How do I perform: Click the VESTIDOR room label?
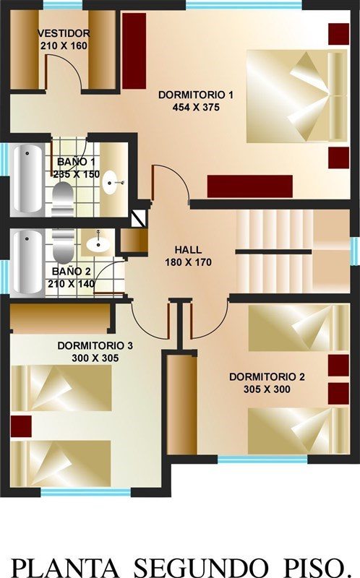click(x=64, y=33)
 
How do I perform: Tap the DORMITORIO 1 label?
click(x=196, y=95)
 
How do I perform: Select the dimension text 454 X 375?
click(x=196, y=107)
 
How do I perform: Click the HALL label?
click(x=188, y=249)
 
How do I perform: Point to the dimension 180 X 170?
click(x=188, y=262)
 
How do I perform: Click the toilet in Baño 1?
click(x=63, y=199)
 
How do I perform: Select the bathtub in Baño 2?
click(x=27, y=262)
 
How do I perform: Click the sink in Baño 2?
click(x=98, y=243)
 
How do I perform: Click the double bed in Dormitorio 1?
click(x=296, y=95)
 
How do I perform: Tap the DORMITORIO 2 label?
click(x=267, y=376)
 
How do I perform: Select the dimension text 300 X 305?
click(x=95, y=358)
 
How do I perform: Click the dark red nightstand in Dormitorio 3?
click(x=21, y=426)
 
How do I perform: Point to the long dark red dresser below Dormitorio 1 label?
click(x=249, y=186)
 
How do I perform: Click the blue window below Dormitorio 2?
click(x=262, y=460)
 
